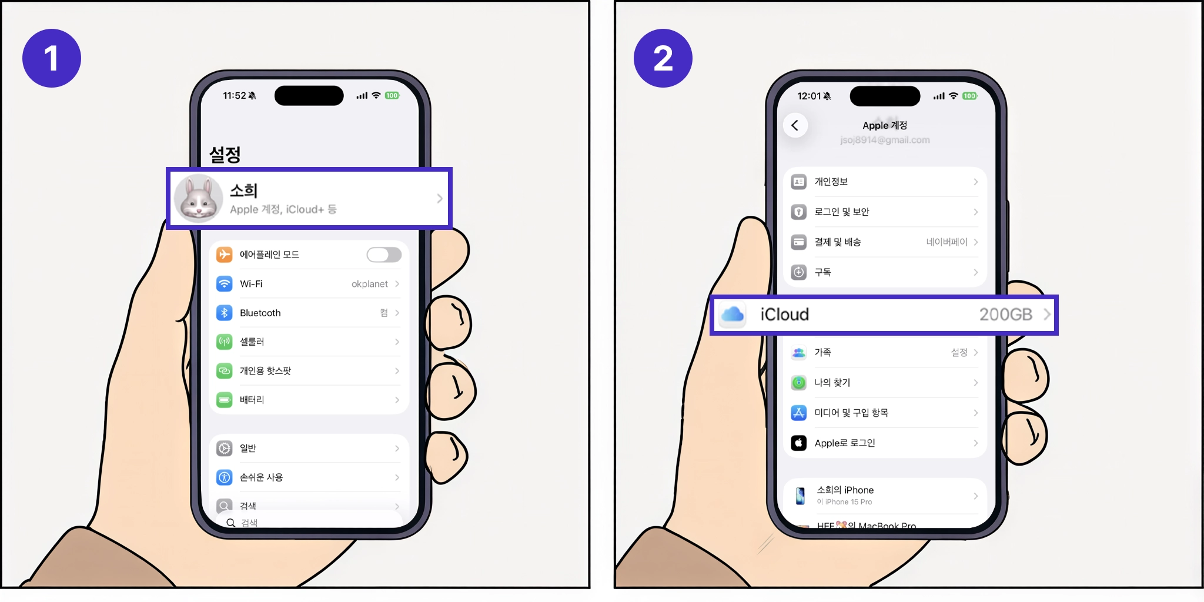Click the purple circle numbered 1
52,58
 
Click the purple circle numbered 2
663,58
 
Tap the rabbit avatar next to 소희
198,199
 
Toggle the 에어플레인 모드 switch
384,255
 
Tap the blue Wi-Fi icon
224,284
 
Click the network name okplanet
369,284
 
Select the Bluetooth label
260,313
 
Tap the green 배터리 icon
224,400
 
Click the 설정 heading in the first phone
225,155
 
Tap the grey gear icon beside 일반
224,449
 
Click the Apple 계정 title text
884,125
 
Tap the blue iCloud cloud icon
733,315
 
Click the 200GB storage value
1005,315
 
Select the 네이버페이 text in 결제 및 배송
946,242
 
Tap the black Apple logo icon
798,443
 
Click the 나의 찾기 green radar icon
798,383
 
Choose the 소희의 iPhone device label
845,490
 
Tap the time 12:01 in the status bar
808,96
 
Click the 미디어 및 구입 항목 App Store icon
798,413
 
